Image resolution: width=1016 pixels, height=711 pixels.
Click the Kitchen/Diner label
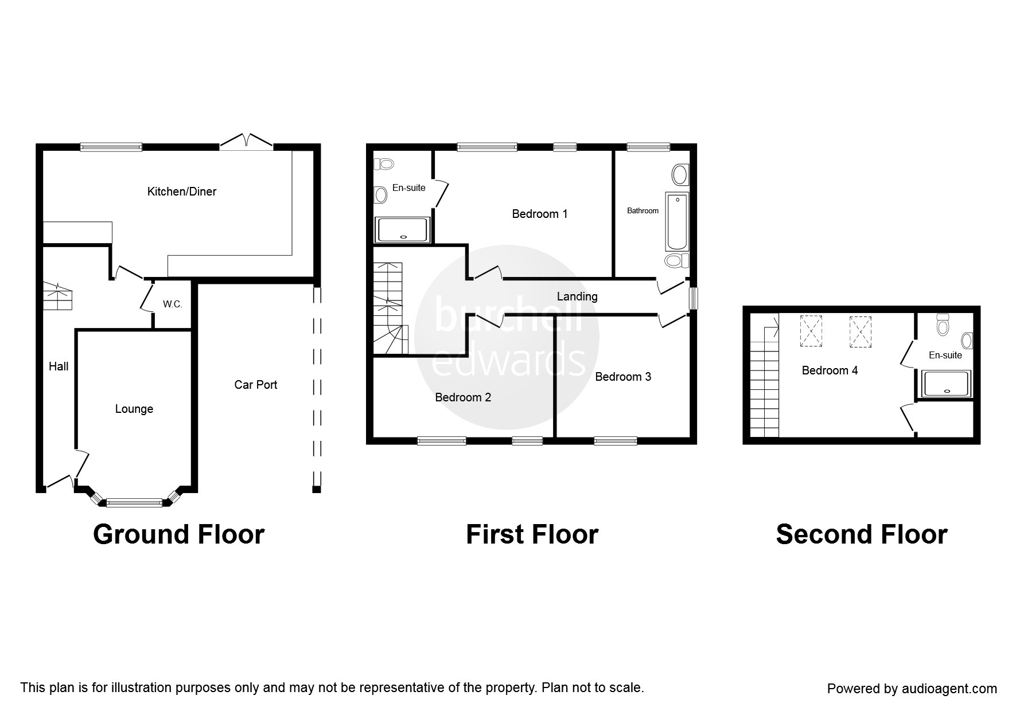pyautogui.click(x=182, y=192)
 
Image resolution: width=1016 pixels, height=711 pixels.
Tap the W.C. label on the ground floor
pyautogui.click(x=172, y=304)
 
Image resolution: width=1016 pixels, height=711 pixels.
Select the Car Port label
pyautogui.click(x=255, y=385)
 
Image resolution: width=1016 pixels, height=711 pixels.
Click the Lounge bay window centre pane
pyautogui.click(x=134, y=503)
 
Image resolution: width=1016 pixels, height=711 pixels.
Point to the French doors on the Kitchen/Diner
pyautogui.click(x=246, y=142)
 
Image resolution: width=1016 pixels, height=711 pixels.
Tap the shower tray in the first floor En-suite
pyautogui.click(x=402, y=230)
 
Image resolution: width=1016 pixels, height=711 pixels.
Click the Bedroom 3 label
pyautogui.click(x=622, y=377)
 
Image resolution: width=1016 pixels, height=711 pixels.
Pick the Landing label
pyautogui.click(x=577, y=296)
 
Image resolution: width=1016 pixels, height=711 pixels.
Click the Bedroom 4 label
pyautogui.click(x=830, y=370)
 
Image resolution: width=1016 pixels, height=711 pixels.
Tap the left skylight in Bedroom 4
pyautogui.click(x=811, y=331)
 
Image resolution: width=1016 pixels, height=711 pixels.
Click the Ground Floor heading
pyautogui.click(x=178, y=534)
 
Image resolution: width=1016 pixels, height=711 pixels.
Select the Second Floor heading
pyautogui.click(x=861, y=534)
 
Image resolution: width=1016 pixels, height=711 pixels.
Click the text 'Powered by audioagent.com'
pyautogui.click(x=912, y=689)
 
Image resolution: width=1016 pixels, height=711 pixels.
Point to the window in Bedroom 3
pyautogui.click(x=615, y=441)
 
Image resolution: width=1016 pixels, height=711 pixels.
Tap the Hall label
pyautogui.click(x=59, y=366)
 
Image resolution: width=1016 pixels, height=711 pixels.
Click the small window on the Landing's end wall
pyautogui.click(x=694, y=298)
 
